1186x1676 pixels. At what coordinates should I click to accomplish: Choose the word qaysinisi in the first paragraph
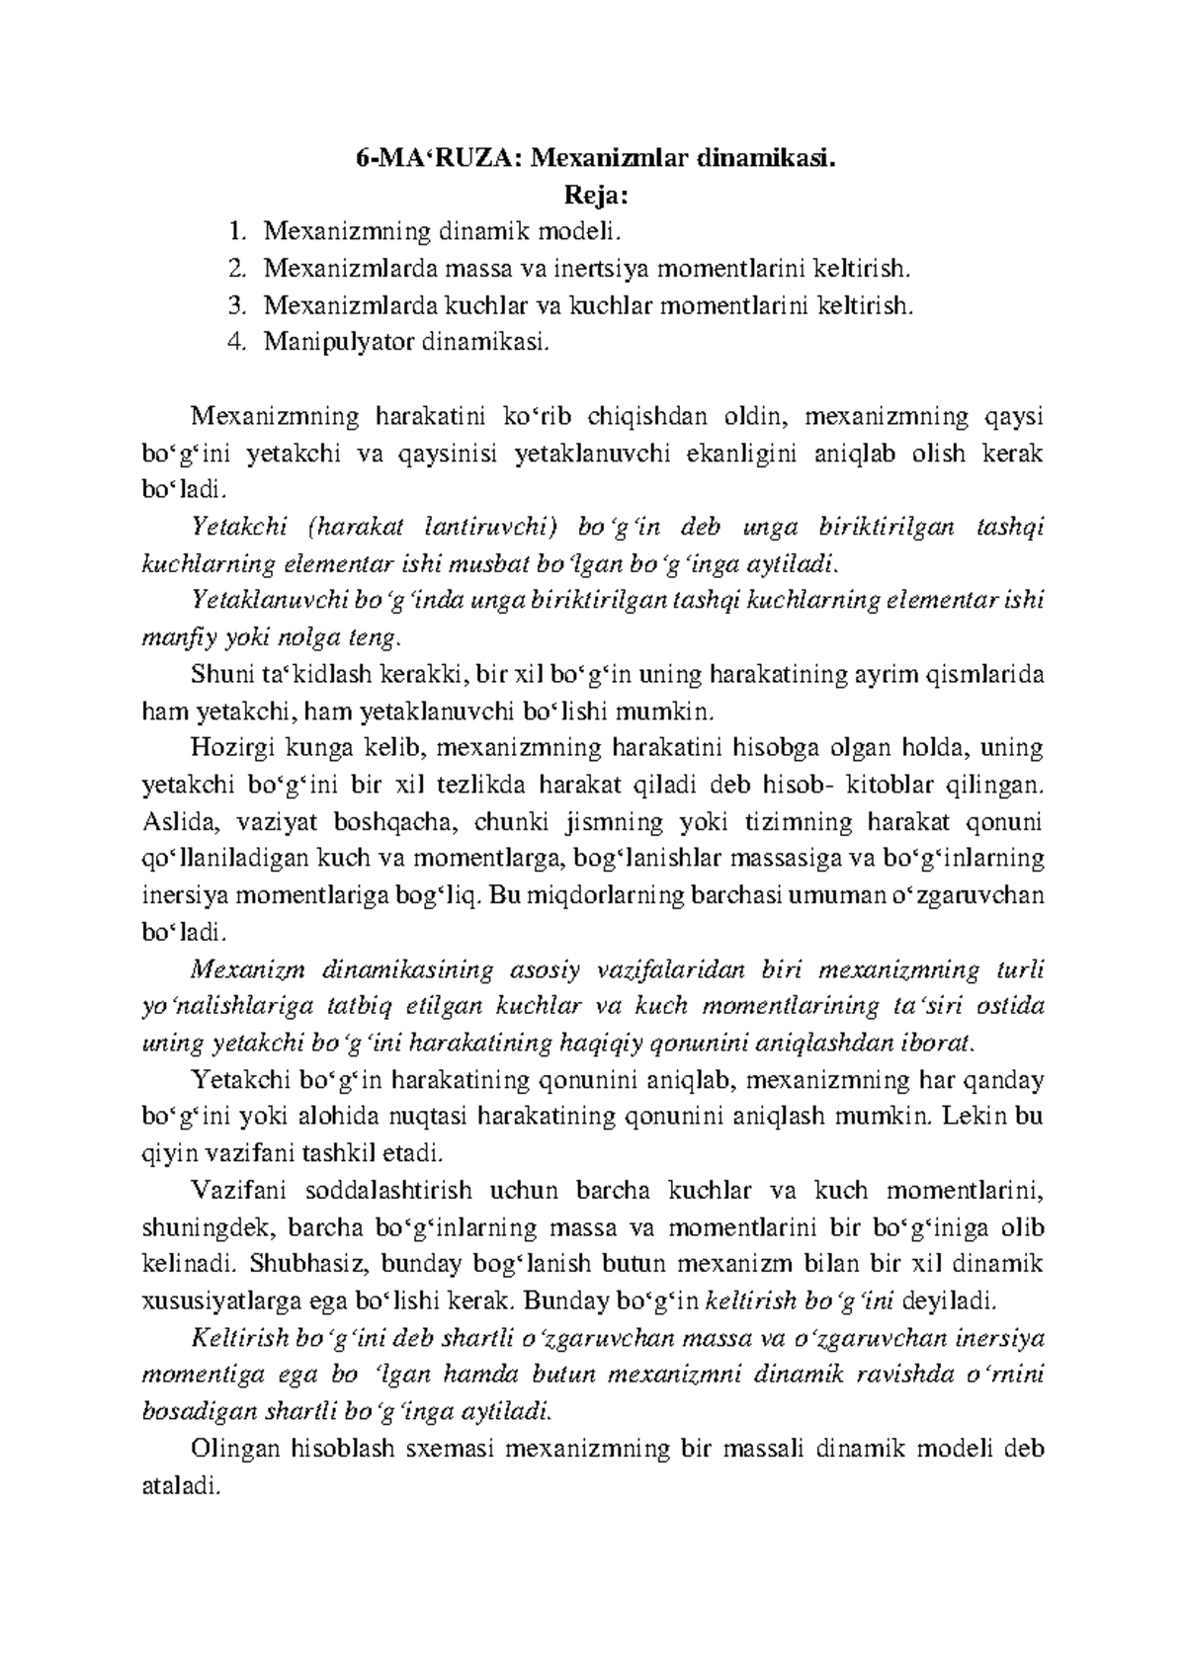(x=457, y=454)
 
